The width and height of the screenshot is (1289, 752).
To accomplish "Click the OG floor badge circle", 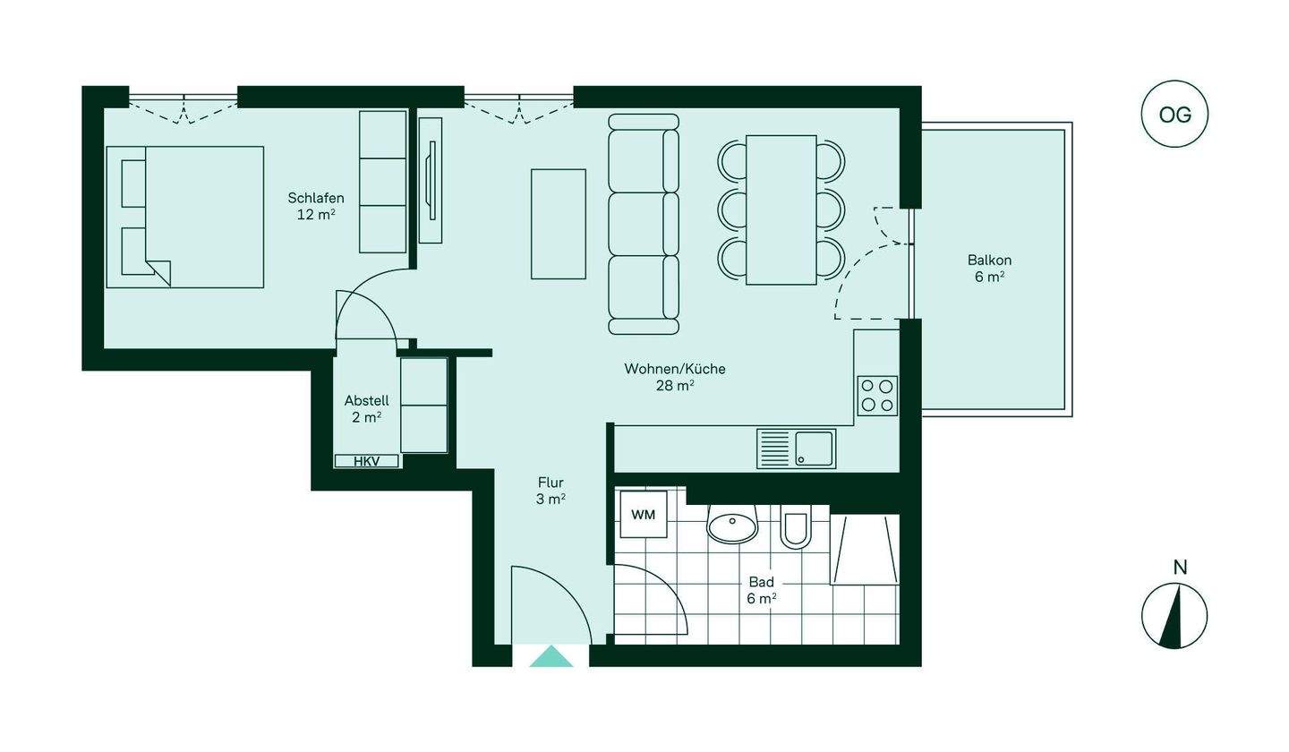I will pyautogui.click(x=1174, y=115).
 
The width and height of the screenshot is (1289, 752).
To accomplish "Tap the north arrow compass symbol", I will pyautogui.click(x=1174, y=616).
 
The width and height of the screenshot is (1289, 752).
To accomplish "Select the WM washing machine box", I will pyautogui.click(x=643, y=515).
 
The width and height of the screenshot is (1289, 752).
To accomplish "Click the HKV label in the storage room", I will pyautogui.click(x=366, y=461).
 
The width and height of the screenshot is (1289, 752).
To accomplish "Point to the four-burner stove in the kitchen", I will pyautogui.click(x=876, y=396).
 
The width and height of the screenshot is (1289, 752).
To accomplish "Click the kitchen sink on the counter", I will pyautogui.click(x=796, y=449).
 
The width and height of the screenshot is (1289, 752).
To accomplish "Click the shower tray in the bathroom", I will pyautogui.click(x=864, y=549).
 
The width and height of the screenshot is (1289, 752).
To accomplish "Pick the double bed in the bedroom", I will pyautogui.click(x=185, y=217).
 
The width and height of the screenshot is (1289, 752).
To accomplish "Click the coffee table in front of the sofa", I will pyautogui.click(x=559, y=224).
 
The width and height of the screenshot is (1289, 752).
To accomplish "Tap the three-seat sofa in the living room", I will pyautogui.click(x=643, y=224).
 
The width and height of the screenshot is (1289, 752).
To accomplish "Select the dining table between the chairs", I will pyautogui.click(x=781, y=209).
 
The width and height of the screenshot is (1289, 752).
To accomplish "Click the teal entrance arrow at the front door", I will pyautogui.click(x=551, y=657).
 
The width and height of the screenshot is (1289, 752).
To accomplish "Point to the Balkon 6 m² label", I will pyautogui.click(x=989, y=269).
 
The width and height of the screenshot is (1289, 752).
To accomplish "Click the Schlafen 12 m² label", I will pyautogui.click(x=316, y=206).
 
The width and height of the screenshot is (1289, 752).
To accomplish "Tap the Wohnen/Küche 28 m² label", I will pyautogui.click(x=675, y=377).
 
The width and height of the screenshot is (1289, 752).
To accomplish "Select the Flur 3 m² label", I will pyautogui.click(x=551, y=491).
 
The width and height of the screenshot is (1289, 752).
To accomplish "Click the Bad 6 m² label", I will pyautogui.click(x=761, y=590).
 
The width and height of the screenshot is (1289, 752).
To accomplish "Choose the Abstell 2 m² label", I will pyautogui.click(x=366, y=408).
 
